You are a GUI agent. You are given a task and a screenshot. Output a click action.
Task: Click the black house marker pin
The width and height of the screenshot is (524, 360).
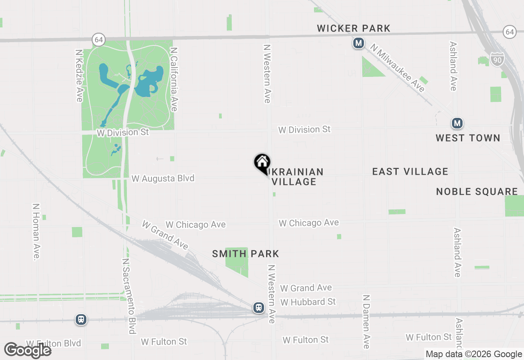[x=262, y=163]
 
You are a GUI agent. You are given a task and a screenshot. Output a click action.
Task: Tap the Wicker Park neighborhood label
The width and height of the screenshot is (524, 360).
[x=354, y=28]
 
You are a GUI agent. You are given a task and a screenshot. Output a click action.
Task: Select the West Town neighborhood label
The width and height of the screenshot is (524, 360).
[x=468, y=138]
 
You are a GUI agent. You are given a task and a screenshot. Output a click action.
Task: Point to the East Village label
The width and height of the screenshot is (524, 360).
[x=410, y=171]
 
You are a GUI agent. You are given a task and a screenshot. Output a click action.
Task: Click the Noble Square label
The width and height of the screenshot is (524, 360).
[x=477, y=191]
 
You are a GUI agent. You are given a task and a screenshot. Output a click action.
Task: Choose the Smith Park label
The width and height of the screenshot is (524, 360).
[x=246, y=254]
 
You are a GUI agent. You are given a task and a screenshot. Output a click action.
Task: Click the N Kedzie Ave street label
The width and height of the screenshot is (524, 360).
[x=79, y=76]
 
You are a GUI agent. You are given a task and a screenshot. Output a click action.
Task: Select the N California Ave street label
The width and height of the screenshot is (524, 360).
[x=174, y=79]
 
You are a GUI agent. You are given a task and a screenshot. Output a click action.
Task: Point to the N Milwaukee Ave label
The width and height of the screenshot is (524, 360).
[x=398, y=68]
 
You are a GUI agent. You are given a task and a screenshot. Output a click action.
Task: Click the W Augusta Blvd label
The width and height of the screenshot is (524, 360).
[x=163, y=179]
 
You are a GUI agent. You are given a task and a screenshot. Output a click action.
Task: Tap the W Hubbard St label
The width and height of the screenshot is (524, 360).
[x=308, y=302]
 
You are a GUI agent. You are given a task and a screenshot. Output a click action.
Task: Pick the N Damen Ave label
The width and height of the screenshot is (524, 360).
[x=366, y=322]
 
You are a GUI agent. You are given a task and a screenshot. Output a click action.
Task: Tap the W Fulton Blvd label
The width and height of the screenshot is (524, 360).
[x=54, y=343]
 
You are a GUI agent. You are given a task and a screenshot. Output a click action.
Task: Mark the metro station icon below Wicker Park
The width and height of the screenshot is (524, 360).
[x=359, y=43]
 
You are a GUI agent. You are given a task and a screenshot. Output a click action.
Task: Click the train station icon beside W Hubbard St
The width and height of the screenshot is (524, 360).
[x=259, y=307]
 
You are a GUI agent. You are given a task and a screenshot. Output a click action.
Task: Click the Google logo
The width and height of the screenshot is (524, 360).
[x=27, y=351]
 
